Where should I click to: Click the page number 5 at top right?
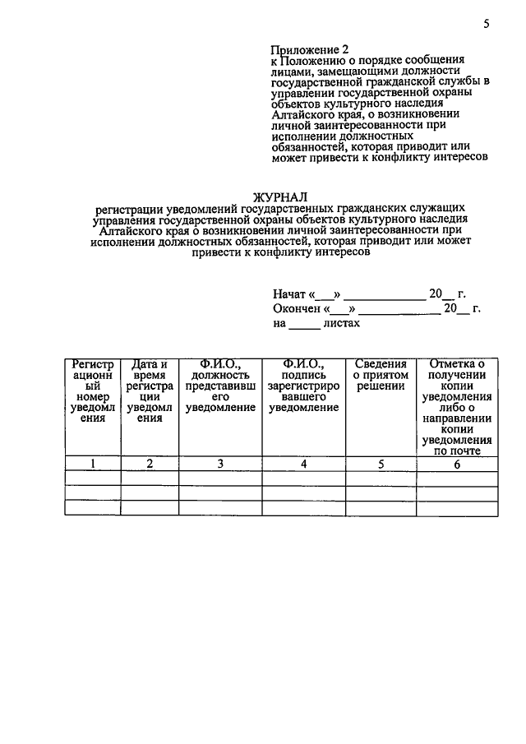(x=487, y=24)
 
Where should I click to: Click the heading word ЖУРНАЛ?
(x=280, y=197)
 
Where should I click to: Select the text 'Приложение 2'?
(x=310, y=49)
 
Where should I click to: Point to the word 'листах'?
(x=342, y=324)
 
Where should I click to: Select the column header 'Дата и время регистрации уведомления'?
(x=150, y=390)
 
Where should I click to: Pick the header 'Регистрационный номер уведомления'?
(x=93, y=390)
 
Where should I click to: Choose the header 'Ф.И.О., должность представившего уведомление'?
(x=220, y=386)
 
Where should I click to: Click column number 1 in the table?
(x=93, y=464)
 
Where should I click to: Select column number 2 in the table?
(x=150, y=464)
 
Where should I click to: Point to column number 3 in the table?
(x=220, y=464)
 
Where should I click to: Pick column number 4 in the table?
(x=303, y=464)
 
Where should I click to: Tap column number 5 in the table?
(x=381, y=464)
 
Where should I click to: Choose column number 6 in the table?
(x=457, y=464)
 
